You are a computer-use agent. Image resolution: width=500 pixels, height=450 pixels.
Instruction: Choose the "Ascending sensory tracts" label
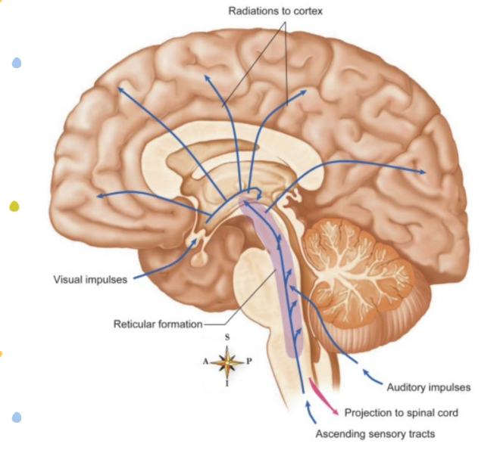pos(375,434)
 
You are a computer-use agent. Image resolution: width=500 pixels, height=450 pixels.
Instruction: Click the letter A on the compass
pos(205,362)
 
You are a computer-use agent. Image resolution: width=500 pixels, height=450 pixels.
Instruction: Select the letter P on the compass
pos(248,362)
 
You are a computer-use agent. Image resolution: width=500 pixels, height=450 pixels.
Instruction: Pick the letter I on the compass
pos(227,385)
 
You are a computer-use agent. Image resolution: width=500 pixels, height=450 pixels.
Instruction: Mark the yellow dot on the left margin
pos(14,206)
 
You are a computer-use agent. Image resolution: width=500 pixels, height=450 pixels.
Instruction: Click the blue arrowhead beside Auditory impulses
pos(367,371)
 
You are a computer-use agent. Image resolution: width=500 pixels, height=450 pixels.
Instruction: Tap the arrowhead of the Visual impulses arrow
pos(199,241)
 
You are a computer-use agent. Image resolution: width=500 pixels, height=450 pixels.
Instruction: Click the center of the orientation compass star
pos(227,362)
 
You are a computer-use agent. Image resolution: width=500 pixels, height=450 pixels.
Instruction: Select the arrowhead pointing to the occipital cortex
pos(423,173)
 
